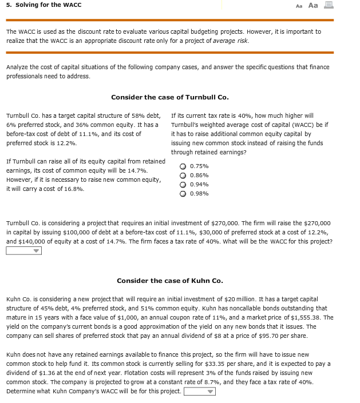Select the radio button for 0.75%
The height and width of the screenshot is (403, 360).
pyautogui.click(x=183, y=166)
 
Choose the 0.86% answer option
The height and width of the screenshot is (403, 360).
pyautogui.click(x=183, y=175)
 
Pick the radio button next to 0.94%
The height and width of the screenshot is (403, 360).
pyautogui.click(x=183, y=185)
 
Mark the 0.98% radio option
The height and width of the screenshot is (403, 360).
pyautogui.click(x=183, y=194)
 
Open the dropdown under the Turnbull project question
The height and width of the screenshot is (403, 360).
pyautogui.click(x=24, y=250)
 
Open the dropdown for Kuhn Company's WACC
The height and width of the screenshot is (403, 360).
pyautogui.click(x=200, y=392)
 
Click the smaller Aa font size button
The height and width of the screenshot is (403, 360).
pyautogui.click(x=299, y=6)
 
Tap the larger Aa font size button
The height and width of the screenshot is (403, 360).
pyautogui.click(x=313, y=5)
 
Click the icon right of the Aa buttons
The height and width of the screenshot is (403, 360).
pyautogui.click(x=329, y=5)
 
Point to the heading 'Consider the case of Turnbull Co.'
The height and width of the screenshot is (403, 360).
pyautogui.click(x=169, y=97)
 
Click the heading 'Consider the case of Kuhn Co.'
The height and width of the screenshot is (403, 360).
pyautogui.click(x=169, y=281)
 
